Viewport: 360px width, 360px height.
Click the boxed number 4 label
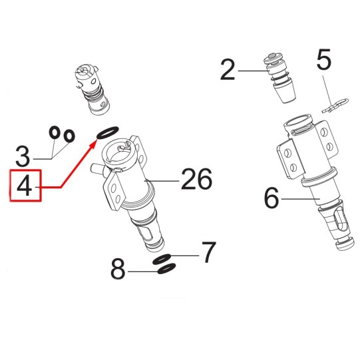tap(25, 186)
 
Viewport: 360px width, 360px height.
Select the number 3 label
tap(23, 157)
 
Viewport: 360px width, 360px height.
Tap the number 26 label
tap(196, 178)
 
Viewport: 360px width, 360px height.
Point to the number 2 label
tap(228, 70)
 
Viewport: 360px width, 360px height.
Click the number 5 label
tap(324, 59)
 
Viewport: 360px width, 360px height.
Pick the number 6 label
tap(271, 198)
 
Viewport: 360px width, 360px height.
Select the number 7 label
tap(209, 252)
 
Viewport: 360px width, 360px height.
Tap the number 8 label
tap(118, 269)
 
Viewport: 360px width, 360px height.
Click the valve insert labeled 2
tap(280, 78)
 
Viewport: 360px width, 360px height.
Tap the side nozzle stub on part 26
tap(98, 170)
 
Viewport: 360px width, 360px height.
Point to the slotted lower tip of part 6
tap(336, 226)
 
